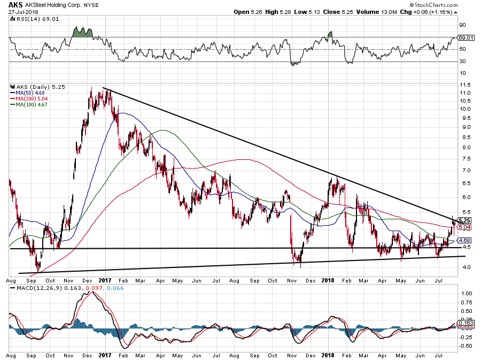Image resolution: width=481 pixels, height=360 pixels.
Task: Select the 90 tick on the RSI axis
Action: (x=462, y=25)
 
